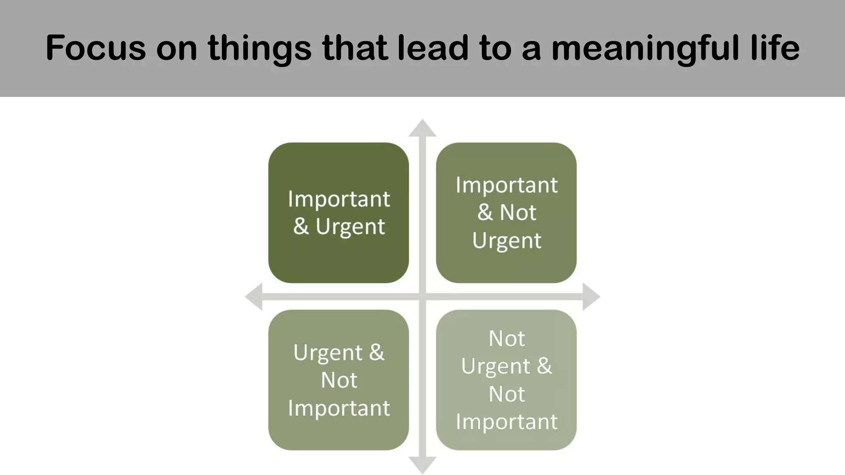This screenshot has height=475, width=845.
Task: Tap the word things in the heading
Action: coord(260,49)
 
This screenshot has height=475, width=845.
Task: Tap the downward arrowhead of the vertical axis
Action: coord(422,466)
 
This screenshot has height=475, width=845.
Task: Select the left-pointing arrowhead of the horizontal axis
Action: coord(253,296)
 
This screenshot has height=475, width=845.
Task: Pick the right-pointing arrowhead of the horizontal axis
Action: coord(591,296)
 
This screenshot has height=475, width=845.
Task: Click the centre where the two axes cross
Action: coord(422,296)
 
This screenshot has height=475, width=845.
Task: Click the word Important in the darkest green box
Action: coord(339,199)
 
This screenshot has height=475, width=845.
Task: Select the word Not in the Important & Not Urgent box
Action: coord(518,213)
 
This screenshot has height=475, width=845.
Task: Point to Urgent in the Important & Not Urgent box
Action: coord(507,241)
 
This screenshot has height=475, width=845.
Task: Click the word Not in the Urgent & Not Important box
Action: coord(339,380)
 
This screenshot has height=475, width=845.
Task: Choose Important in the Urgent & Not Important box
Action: coord(339,408)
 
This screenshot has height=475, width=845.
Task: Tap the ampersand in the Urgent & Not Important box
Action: coord(376,353)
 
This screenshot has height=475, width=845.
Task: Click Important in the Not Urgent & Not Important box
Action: coord(507,422)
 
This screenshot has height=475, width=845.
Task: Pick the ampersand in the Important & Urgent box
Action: coord(301,227)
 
